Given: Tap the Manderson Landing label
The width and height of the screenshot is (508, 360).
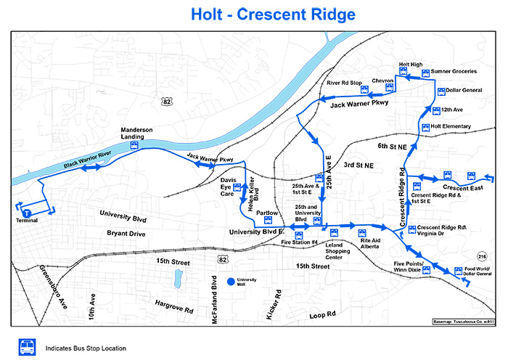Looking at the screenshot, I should coord(136,133).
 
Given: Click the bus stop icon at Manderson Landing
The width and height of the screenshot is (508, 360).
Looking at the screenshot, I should coord(134,145).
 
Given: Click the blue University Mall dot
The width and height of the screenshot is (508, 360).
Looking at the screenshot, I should coord(231,281).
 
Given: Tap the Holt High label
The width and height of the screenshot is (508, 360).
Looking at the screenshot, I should coord(411,65).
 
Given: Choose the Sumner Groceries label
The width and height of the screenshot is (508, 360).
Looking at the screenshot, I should coord(454,71).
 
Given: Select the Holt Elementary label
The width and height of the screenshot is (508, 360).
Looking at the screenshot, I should coord(451,126).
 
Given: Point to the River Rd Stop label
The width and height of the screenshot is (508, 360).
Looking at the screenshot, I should coord(344,83).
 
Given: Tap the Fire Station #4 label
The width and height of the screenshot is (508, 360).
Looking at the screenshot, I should coord(300,242).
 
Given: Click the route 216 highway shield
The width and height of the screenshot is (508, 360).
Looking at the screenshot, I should coord(481,257).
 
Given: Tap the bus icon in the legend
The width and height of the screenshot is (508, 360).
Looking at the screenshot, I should coord(27,346).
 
